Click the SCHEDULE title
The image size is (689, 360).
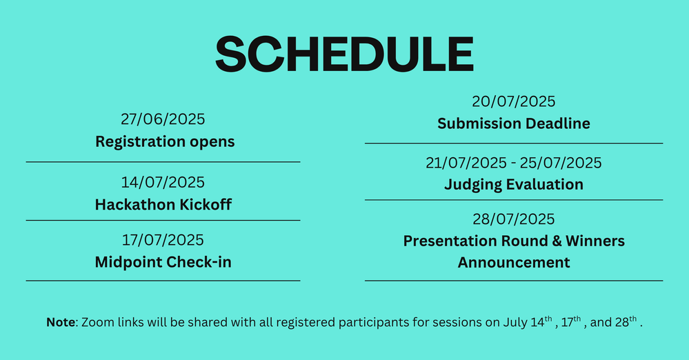345,54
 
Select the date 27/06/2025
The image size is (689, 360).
163,119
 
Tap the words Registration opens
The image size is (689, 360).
165,142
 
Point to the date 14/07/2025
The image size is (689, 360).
163,183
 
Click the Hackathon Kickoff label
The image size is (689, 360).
163,204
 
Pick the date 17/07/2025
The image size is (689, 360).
163,240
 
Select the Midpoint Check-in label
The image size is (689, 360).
163,262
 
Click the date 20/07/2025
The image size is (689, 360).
514,101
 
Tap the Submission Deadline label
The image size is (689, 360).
514,123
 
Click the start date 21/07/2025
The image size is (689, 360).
466,163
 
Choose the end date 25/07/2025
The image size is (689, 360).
561,163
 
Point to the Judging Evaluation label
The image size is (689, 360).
514,185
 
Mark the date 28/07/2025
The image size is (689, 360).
514,219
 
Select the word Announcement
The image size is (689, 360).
514,263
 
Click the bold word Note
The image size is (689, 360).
61,322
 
